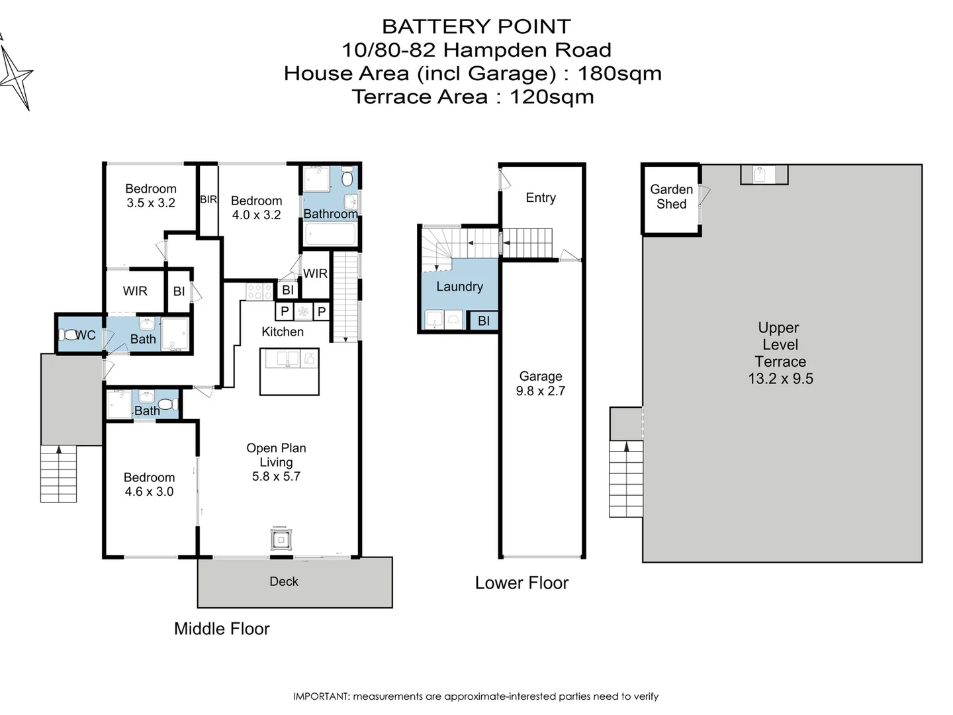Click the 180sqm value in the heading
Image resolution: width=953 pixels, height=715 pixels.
click(x=619, y=73)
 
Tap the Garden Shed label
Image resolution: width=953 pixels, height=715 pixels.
click(x=671, y=197)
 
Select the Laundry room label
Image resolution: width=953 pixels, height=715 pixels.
click(x=459, y=287)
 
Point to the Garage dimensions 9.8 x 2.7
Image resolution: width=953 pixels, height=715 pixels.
click(x=540, y=391)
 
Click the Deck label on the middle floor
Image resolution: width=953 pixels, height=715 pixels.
click(x=284, y=581)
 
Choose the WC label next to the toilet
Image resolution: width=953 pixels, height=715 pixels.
click(x=85, y=335)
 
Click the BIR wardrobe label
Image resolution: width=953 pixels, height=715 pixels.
click(x=208, y=199)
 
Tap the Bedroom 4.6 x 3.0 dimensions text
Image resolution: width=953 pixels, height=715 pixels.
click(x=149, y=492)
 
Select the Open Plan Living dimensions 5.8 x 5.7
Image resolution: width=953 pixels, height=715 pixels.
click(x=276, y=477)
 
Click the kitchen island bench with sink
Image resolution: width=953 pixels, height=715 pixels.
click(x=290, y=371)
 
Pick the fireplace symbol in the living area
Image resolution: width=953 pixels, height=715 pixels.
click(x=281, y=540)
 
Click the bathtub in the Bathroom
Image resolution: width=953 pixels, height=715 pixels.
click(x=330, y=234)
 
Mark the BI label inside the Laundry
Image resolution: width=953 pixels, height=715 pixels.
click(x=484, y=321)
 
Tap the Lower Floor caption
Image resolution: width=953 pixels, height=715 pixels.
click(x=522, y=583)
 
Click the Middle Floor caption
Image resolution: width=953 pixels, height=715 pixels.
click(x=222, y=629)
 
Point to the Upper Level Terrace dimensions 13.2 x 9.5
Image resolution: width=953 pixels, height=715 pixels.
click(x=780, y=379)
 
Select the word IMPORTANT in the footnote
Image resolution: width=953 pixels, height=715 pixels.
click(x=321, y=696)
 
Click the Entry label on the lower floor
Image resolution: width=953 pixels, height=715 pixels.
click(x=541, y=198)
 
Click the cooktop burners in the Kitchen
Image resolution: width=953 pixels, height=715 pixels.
click(x=259, y=291)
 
